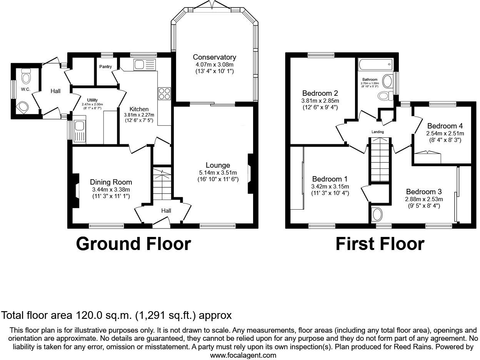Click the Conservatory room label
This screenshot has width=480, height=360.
pyautogui.click(x=214, y=57)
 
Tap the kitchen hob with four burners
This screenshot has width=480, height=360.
pyautogui.click(x=164, y=93)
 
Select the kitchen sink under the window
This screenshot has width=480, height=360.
pyautogui.click(x=144, y=65)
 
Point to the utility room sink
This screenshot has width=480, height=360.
pyautogui.click(x=80, y=130)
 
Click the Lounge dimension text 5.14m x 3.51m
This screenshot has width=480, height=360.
pyautogui.click(x=217, y=173)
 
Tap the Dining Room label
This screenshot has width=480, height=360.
pyautogui.click(x=111, y=182)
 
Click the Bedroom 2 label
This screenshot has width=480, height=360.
pyautogui.click(x=320, y=93)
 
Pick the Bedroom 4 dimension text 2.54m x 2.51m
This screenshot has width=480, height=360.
pyautogui.click(x=445, y=133)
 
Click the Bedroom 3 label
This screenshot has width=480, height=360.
pyautogui.click(x=424, y=192)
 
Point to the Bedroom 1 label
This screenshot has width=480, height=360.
pyautogui.click(x=330, y=179)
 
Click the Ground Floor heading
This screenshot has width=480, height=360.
pyautogui.click(x=133, y=244)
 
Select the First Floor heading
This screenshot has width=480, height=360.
pyautogui.click(x=380, y=244)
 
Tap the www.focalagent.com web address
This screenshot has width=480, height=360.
pyautogui.click(x=243, y=355)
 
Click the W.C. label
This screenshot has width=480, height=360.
pyautogui.click(x=26, y=89)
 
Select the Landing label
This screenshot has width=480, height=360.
pyautogui.click(x=377, y=132)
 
